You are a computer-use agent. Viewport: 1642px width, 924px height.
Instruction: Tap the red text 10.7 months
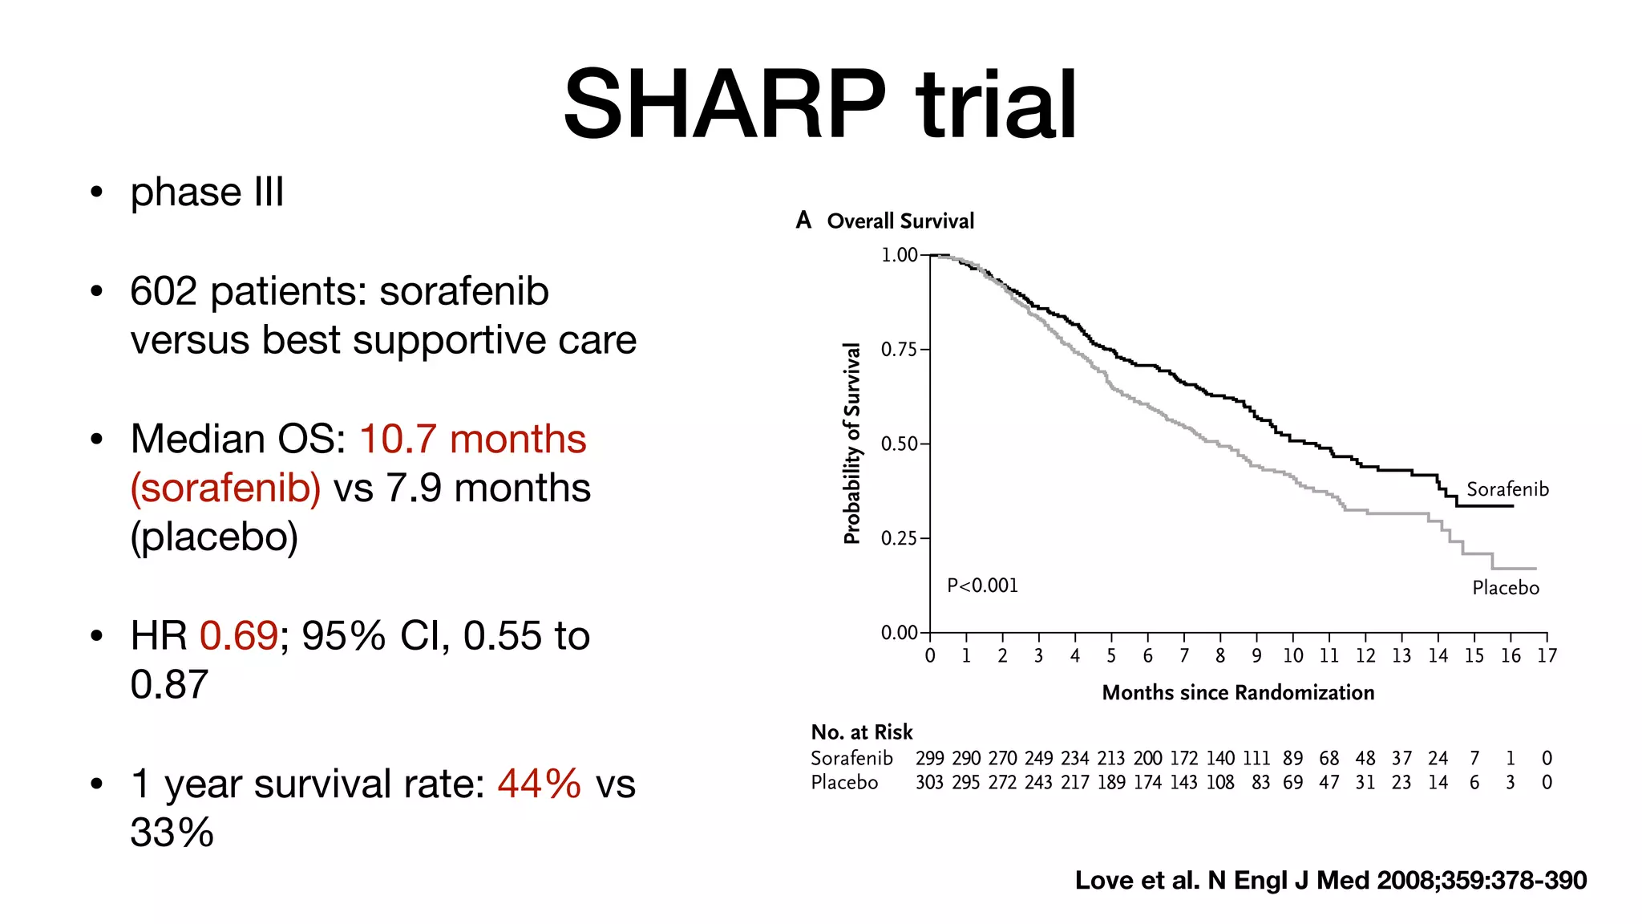tap(473, 440)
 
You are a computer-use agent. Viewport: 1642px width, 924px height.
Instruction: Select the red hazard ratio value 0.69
tap(238, 636)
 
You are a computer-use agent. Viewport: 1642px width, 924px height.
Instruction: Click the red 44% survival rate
tap(539, 784)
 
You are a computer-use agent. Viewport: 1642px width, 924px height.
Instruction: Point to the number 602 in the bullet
tap(164, 291)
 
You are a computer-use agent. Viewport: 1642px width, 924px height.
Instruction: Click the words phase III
tap(207, 192)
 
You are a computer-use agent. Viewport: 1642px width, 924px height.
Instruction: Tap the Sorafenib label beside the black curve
tap(1507, 489)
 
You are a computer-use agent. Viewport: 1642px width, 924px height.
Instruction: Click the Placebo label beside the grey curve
tap(1505, 588)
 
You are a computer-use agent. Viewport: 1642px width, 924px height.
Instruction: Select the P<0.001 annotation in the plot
tap(982, 586)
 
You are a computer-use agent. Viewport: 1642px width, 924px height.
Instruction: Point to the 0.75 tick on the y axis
tap(899, 350)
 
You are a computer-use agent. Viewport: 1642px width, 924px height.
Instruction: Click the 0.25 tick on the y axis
tap(899, 538)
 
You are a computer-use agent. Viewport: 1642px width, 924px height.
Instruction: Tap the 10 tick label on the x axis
tap(1292, 656)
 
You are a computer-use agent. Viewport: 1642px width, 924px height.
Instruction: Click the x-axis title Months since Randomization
tap(1237, 693)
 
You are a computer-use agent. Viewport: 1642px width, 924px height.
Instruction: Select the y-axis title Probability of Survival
tap(852, 444)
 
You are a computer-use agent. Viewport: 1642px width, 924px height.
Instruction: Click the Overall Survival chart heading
tap(900, 221)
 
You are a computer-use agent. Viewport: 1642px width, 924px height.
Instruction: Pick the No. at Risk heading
tap(861, 732)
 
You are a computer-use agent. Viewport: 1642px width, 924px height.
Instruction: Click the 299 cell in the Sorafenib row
tap(929, 759)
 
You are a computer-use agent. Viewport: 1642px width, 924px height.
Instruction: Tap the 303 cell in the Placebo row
tap(929, 783)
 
